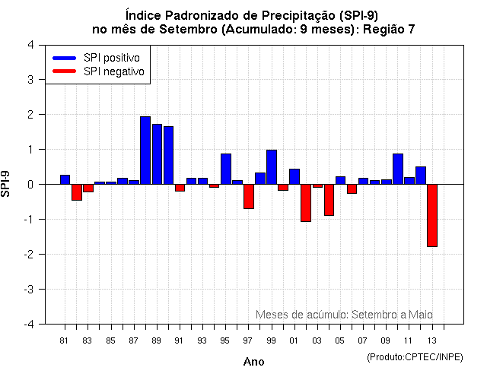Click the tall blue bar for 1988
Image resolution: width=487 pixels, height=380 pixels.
pos(145,150)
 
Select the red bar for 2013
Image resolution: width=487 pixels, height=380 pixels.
pos(431,215)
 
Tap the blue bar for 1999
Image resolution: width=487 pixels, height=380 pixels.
pos(272,167)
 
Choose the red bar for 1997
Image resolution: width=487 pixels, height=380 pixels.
pos(249,196)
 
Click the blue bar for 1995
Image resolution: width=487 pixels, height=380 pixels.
pos(226,169)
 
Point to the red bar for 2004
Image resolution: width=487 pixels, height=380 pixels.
pos(329,200)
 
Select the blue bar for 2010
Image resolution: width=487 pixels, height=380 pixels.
pos(397,169)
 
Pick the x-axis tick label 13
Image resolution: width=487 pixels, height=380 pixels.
pos(431,340)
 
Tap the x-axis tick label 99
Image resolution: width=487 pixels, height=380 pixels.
pos(272,340)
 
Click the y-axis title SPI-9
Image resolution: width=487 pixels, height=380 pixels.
pos(7,184)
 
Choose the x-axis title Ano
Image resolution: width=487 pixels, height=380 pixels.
pos(253,362)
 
